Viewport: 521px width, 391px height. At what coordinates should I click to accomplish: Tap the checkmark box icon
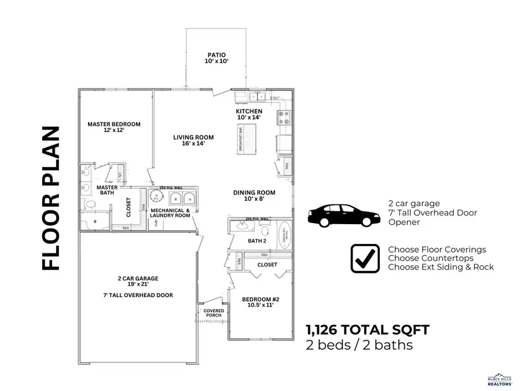pos(365,258)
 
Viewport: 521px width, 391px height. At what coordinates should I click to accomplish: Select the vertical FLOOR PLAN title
pos(51,198)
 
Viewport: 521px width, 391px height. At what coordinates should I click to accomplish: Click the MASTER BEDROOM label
pos(114,127)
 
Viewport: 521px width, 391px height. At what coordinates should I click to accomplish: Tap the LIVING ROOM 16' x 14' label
pos(193,140)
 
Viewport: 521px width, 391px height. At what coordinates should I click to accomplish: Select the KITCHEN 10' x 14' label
pos(249,114)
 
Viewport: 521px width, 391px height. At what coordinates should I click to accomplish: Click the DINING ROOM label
pos(254,196)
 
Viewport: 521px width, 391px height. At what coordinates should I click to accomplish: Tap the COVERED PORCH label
pos(214,313)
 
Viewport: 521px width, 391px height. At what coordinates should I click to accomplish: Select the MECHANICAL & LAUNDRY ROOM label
pos(170,213)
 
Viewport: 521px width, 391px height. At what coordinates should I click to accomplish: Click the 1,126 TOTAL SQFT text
pos(368,330)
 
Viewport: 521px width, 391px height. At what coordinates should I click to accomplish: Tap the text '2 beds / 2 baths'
pos(359,346)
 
